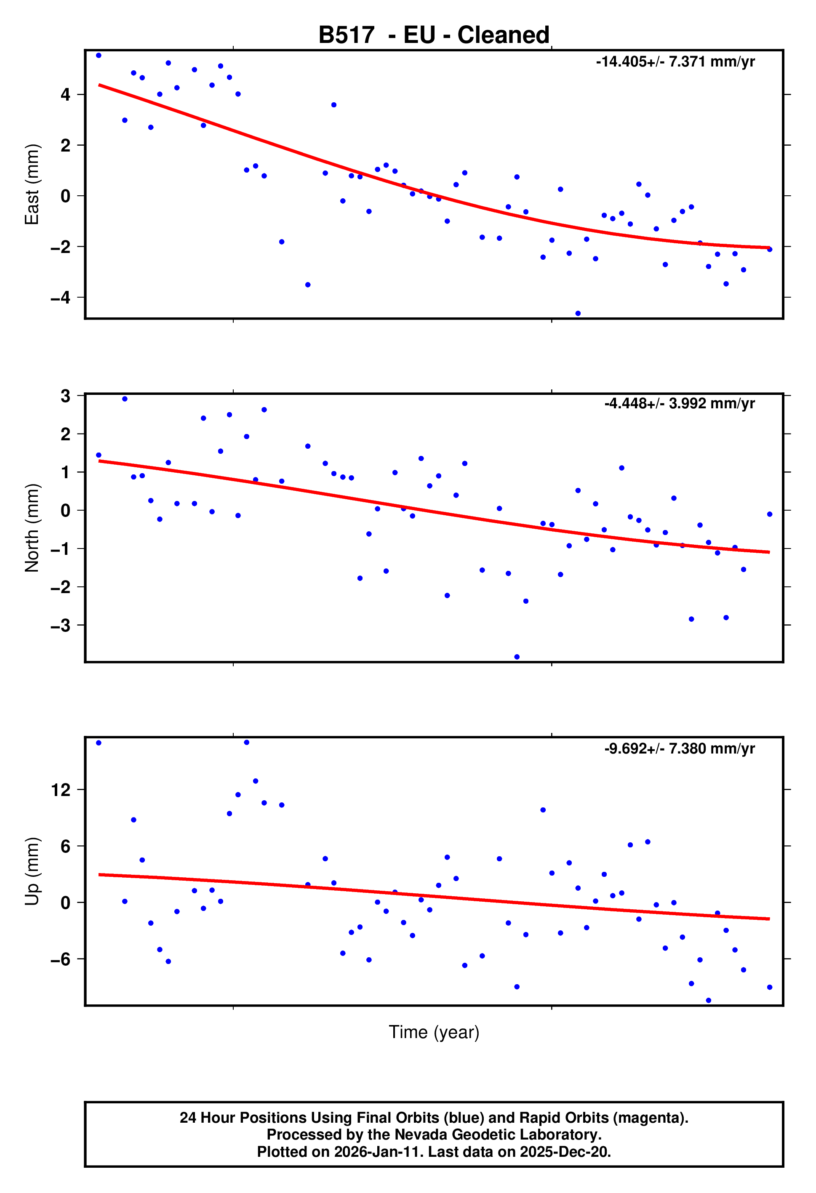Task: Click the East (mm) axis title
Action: coord(32,184)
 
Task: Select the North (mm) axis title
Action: coord(32,528)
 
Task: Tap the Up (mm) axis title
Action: coord(32,871)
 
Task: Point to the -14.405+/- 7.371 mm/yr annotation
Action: coord(675,61)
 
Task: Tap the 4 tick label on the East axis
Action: coord(65,94)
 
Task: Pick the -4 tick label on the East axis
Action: coord(60,297)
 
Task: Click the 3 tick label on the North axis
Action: coord(65,396)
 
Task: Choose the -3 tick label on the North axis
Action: coord(60,625)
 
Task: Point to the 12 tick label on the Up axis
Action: coord(61,790)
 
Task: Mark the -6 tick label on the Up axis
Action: coord(60,959)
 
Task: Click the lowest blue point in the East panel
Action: coord(578,313)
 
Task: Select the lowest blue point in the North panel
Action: coord(517,657)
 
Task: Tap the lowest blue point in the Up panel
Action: coord(709,1000)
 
